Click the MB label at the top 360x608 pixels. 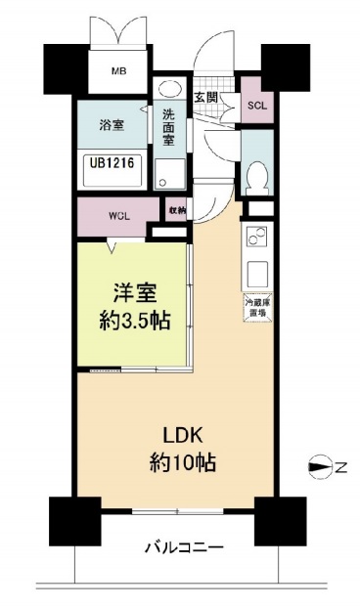coord(117,72)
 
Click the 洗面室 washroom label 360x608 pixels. coord(168,125)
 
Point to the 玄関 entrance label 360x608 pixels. coord(205,98)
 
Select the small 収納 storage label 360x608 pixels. coord(176,210)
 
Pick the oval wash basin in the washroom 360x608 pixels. coord(168,87)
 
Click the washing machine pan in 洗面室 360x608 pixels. coord(170,174)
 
